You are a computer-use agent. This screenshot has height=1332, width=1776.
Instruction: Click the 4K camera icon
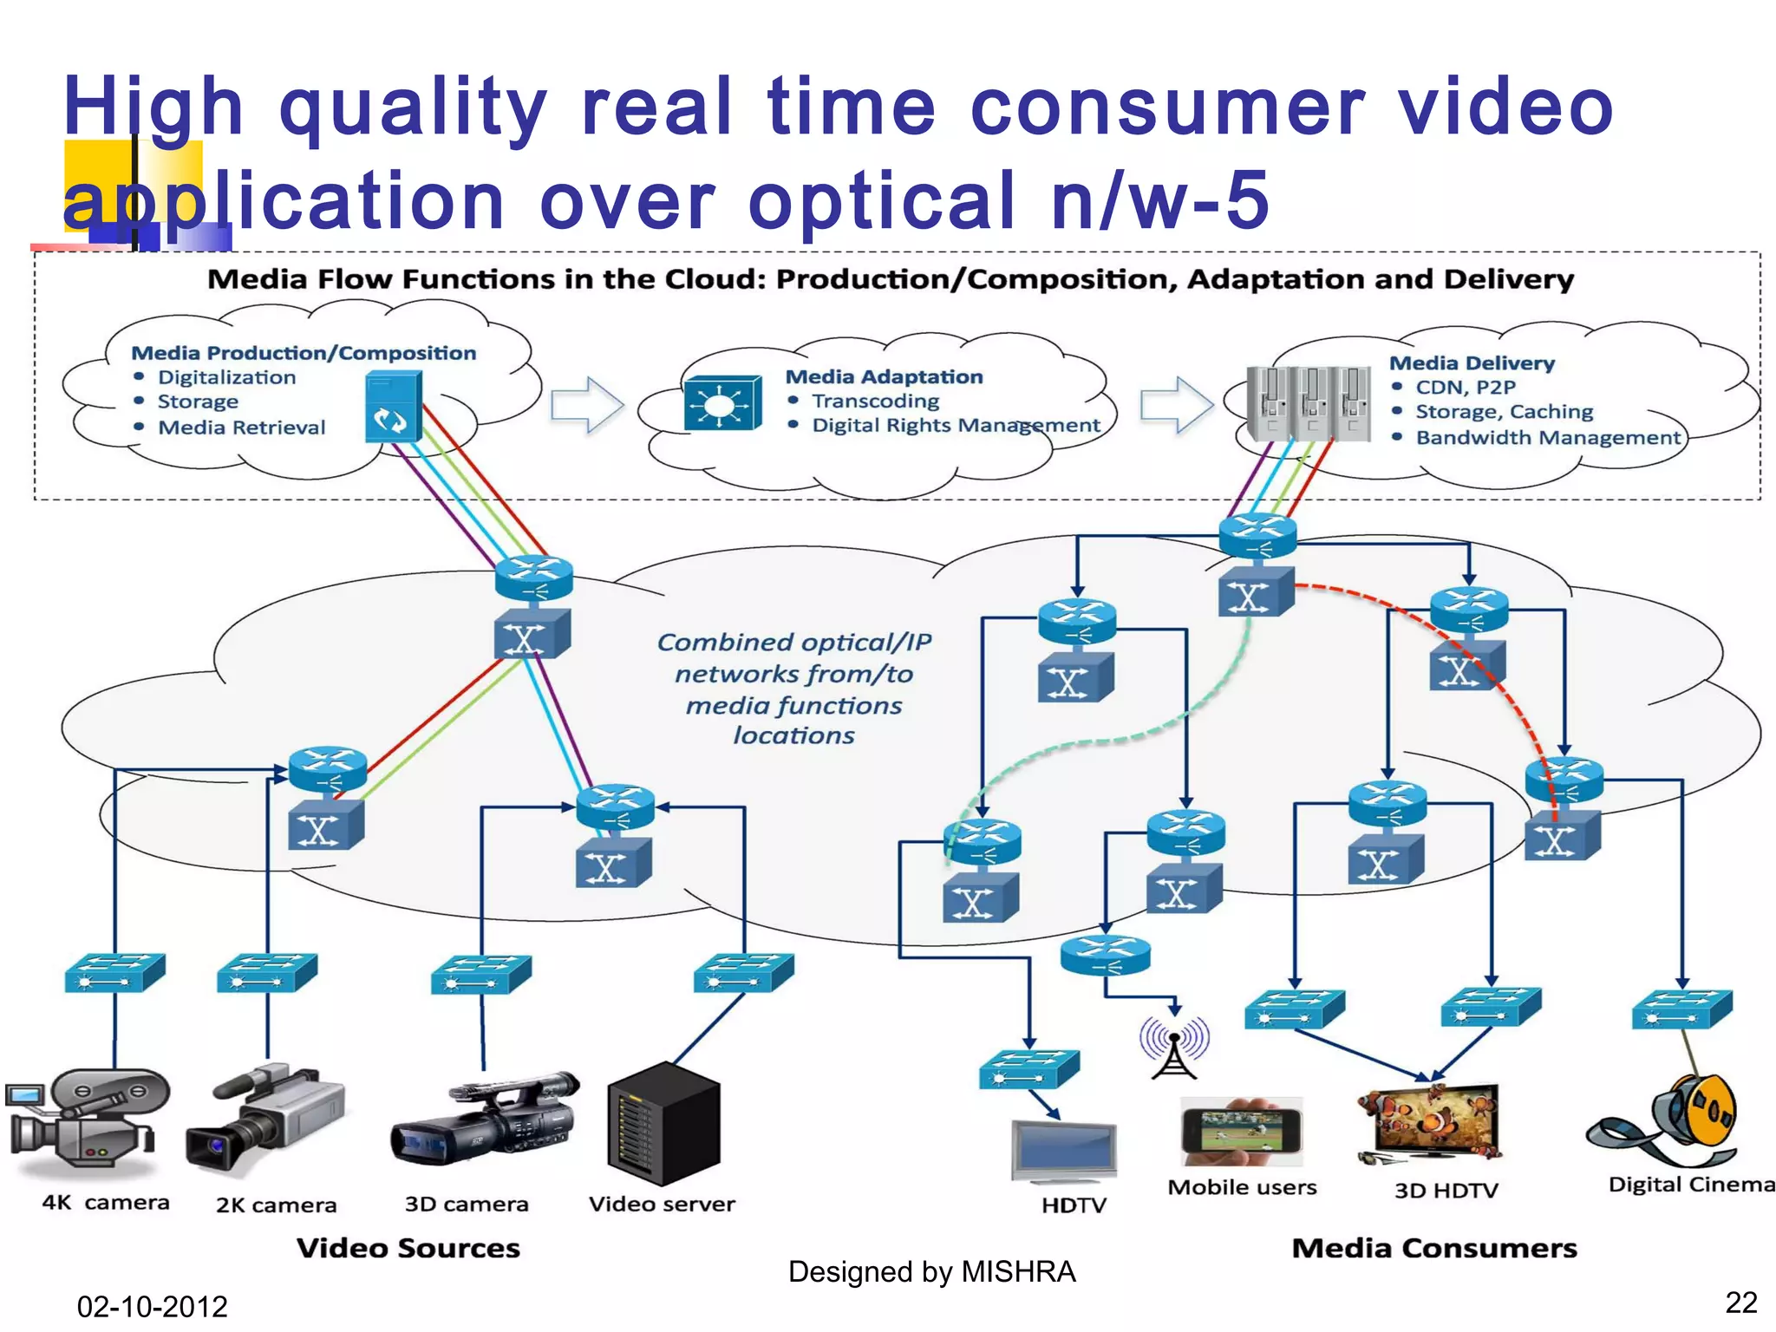tap(87, 1123)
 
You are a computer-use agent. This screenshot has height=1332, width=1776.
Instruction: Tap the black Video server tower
tap(664, 1123)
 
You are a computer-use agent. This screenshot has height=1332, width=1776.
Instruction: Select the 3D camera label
tap(467, 1204)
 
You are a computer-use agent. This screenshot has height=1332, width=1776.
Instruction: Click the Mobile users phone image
tap(1241, 1132)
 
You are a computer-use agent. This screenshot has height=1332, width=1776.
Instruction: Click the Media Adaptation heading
tap(884, 376)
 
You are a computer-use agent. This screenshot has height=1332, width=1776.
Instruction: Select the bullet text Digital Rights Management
tap(956, 425)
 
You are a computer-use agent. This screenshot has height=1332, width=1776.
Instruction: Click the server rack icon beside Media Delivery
tap(1308, 404)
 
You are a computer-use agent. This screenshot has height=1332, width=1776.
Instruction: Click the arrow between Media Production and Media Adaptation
tap(587, 404)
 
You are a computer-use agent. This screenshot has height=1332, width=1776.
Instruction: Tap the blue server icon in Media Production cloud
tap(394, 406)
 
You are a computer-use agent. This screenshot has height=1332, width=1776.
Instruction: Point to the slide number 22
tap(1740, 1302)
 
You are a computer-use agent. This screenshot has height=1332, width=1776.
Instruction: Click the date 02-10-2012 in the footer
tap(152, 1306)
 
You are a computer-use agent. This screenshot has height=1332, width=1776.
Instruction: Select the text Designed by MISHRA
tap(931, 1271)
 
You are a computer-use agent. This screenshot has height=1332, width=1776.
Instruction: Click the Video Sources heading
tap(408, 1248)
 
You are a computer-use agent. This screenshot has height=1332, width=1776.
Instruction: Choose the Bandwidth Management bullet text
tap(1548, 437)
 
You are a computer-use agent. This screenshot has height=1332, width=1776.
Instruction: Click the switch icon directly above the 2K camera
tap(267, 972)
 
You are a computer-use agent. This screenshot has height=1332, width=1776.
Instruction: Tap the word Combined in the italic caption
tap(725, 642)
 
